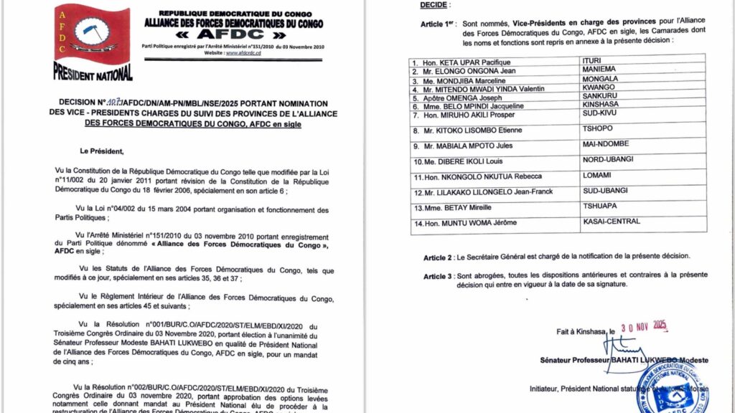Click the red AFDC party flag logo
(x=92, y=35)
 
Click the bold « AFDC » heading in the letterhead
(x=234, y=34)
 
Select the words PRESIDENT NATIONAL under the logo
(x=93, y=72)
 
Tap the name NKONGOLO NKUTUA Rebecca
(x=477, y=176)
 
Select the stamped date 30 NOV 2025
(x=642, y=326)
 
